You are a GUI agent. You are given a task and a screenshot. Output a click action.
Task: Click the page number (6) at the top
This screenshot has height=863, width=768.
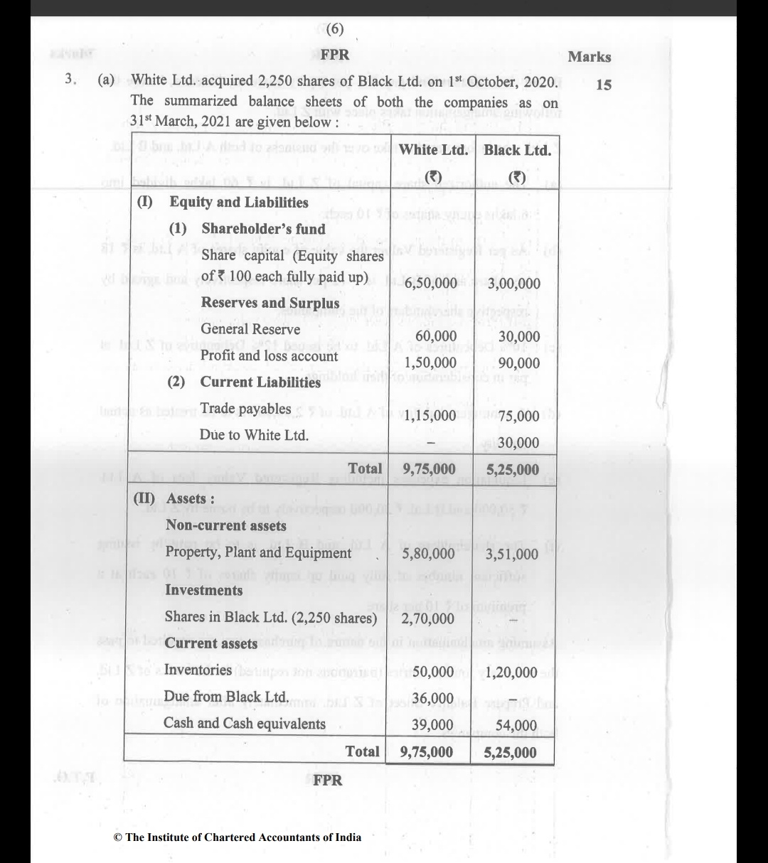334,30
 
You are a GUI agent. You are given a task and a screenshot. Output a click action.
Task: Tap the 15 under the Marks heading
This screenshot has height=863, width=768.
603,85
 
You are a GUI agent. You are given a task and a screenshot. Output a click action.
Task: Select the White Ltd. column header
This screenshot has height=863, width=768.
433,150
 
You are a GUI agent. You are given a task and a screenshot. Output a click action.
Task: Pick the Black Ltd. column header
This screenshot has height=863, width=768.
517,150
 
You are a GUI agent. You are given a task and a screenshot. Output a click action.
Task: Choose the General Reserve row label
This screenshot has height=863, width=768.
250,329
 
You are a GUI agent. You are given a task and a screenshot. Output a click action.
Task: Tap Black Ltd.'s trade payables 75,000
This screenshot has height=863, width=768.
518,416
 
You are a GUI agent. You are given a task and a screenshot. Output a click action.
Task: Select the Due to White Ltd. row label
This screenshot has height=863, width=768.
254,434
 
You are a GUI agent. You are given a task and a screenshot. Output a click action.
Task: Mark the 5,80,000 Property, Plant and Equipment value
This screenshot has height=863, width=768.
428,554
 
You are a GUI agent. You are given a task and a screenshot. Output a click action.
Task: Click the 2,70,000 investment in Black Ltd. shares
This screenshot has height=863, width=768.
428,618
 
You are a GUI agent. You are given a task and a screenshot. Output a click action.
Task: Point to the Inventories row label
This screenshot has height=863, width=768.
198,670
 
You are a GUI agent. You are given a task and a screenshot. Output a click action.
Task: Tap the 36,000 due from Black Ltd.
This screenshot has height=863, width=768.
432,698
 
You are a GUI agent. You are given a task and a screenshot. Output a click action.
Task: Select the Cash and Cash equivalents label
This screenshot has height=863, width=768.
244,724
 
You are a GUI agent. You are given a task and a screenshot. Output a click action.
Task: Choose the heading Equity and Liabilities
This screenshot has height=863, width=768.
238,202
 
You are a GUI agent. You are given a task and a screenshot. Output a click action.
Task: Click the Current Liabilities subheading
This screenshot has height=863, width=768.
260,382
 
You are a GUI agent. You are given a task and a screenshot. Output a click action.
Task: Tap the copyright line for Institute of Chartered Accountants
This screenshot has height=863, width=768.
238,837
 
